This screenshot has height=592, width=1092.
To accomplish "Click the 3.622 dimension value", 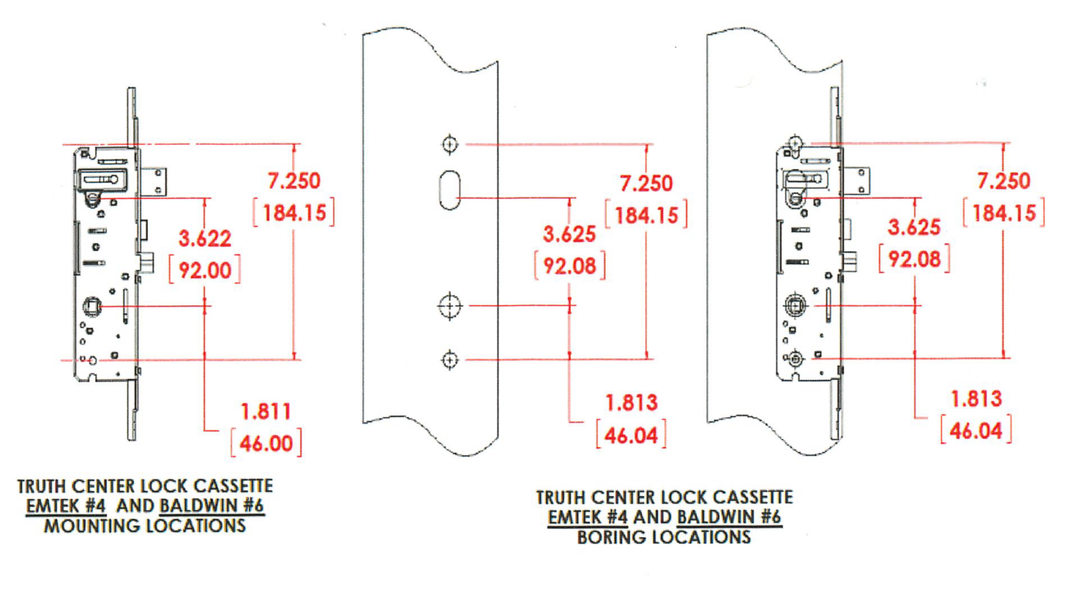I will (205, 239).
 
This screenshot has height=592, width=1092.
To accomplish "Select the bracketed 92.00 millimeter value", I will (205, 270).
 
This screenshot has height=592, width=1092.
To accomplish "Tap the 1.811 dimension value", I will (266, 411).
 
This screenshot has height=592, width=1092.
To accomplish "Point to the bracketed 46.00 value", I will (266, 443).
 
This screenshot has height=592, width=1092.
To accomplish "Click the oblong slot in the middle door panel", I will (449, 190).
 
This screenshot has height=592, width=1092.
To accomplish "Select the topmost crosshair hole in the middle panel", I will (449, 144).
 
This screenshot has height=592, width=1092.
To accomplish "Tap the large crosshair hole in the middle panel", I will (449, 306).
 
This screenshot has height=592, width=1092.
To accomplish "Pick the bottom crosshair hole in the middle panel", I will (449, 360).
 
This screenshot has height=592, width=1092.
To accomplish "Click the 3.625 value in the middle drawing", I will (569, 234).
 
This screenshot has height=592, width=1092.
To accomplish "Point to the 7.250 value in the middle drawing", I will (646, 183).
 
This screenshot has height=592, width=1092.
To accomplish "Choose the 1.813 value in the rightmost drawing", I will (976, 399).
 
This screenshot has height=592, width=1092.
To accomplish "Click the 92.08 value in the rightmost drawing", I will (914, 259).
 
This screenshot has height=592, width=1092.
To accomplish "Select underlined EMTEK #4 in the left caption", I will (66, 507).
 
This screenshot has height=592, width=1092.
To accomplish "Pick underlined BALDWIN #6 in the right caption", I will (729, 517).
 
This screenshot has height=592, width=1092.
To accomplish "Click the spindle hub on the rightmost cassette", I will (795, 306).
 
